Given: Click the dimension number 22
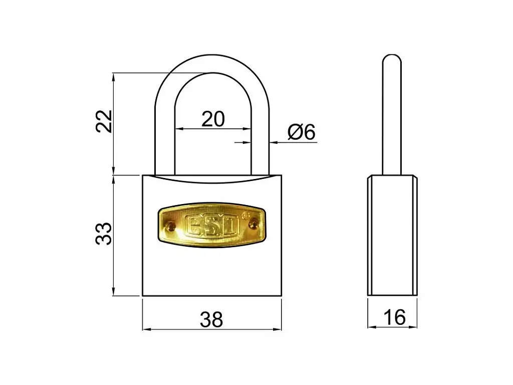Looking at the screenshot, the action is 104,121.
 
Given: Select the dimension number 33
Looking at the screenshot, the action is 104,234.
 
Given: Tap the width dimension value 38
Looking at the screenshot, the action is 211,319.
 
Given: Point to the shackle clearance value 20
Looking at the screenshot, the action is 213,119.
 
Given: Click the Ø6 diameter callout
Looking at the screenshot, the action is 302,132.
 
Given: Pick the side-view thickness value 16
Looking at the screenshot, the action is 394,317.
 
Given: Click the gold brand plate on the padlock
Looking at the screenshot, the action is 212,225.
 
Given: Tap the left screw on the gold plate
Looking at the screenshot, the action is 171,226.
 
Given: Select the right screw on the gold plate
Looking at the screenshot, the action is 253,224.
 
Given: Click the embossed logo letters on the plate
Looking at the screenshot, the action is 212,225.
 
